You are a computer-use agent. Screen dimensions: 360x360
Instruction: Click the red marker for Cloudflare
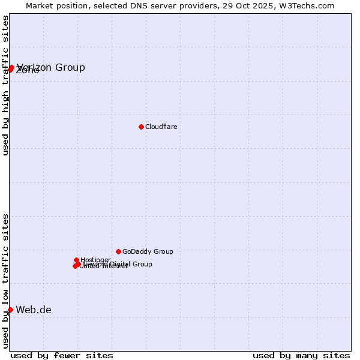(141, 127)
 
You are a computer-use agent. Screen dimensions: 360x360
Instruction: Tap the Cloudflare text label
(161, 127)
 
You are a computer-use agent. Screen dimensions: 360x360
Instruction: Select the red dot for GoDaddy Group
(118, 251)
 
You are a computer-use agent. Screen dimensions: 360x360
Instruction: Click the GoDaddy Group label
(148, 252)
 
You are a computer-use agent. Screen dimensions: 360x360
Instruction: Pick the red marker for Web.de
(10, 310)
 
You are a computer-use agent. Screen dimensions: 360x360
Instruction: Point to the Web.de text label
(34, 310)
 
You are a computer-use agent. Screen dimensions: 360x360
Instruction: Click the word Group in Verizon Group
(70, 67)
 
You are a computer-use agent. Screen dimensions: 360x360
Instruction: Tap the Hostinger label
(95, 260)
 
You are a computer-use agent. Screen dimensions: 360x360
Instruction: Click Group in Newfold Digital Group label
(142, 264)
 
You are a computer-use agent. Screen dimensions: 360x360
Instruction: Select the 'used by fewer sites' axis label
(62, 356)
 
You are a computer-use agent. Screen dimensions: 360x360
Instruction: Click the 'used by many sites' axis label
(301, 356)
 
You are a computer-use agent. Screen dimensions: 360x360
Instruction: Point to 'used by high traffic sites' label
(5, 85)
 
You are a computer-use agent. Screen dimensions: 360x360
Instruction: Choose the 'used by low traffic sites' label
(5, 281)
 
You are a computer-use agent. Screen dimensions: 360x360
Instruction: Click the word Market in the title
(39, 5)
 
